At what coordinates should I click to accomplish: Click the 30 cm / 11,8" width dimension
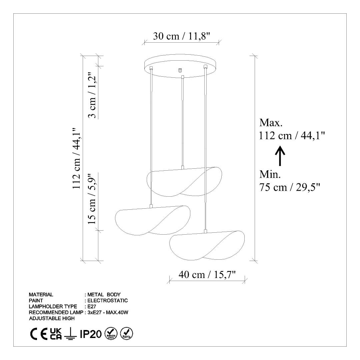click(x=181, y=36)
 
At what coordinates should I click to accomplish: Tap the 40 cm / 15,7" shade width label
click(x=207, y=275)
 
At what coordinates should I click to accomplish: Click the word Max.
click(x=271, y=123)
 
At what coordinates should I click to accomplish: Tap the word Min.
click(x=270, y=174)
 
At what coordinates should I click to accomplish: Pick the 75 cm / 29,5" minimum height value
click(x=290, y=187)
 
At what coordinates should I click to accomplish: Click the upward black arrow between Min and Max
click(x=280, y=156)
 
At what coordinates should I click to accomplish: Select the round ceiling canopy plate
click(x=180, y=66)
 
